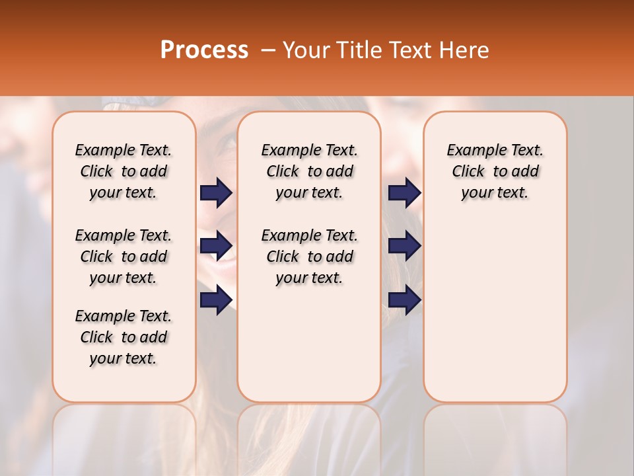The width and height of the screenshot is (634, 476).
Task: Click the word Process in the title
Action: [x=204, y=50]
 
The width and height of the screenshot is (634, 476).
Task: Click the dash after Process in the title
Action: [x=267, y=51]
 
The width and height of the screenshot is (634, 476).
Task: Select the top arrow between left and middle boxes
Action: [x=216, y=192]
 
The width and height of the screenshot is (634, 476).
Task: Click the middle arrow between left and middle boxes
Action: [x=216, y=246]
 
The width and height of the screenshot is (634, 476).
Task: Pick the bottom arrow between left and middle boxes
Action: [x=216, y=299]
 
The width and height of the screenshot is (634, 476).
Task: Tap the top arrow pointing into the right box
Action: [x=404, y=192]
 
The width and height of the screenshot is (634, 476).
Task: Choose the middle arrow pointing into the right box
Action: [x=404, y=246]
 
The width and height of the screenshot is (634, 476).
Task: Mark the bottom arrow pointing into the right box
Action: [x=404, y=299]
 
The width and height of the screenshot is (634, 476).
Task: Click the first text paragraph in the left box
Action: [x=123, y=171]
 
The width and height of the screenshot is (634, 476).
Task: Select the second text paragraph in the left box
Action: [x=123, y=257]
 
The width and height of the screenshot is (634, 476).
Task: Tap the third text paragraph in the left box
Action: [x=123, y=337]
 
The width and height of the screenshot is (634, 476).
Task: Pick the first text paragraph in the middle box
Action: [x=309, y=171]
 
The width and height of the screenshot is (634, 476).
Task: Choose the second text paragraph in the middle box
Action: [x=309, y=257]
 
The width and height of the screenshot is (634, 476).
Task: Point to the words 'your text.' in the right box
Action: [x=495, y=193]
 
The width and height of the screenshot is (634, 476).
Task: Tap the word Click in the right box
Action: [x=468, y=172]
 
